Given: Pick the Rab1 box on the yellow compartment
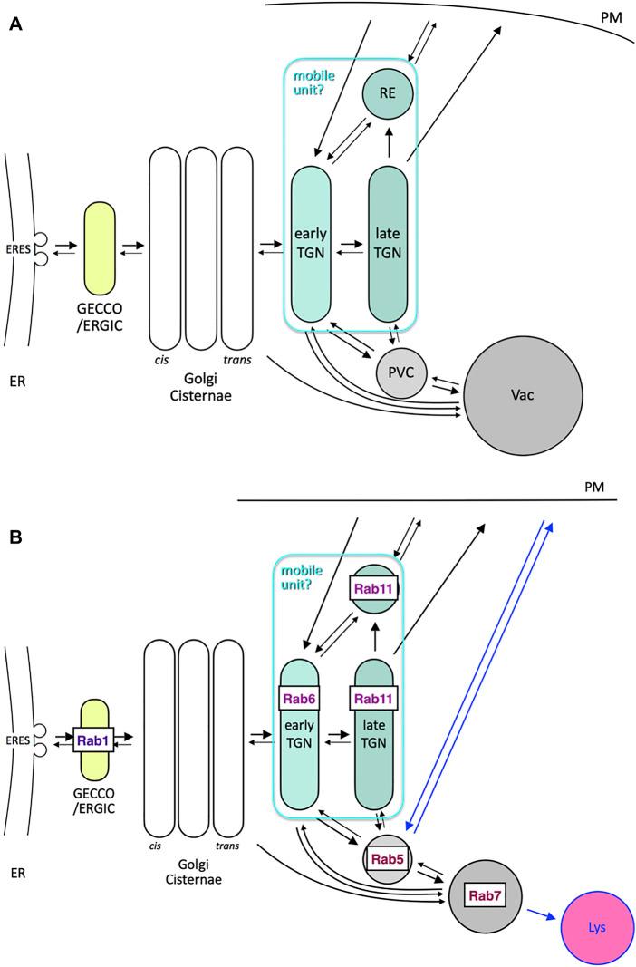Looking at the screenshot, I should tap(101, 739).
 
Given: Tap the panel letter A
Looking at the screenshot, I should tap(15, 25).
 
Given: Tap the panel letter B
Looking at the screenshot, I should tap(15, 537).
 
